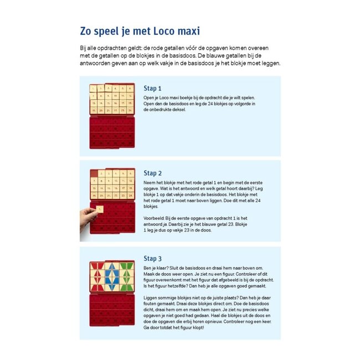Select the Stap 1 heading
[152, 88]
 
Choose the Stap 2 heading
[152, 173]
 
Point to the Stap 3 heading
[152, 258]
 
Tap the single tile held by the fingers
[100, 209]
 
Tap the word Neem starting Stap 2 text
[149, 182]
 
